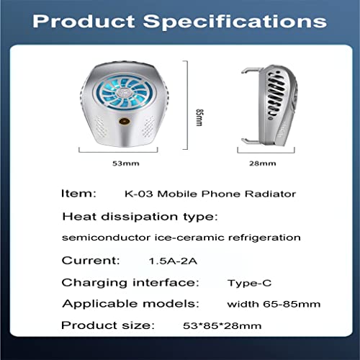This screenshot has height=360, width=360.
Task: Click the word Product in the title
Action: coord(84,22)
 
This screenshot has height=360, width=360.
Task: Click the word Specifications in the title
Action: coord(235,22)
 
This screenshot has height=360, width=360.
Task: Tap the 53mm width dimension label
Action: coord(126,163)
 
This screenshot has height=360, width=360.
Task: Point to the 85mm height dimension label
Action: coord(199,117)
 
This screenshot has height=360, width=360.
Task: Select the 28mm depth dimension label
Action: coord(263,163)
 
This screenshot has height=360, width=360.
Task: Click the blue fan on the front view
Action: coord(125,92)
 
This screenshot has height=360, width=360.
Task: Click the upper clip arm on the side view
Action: coord(251,70)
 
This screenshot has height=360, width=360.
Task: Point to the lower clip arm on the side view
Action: coord(251,141)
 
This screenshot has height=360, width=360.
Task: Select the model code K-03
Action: coord(138,194)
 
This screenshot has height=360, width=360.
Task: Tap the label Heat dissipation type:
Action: coord(140,217)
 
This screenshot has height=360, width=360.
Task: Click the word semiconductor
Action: coord(107,238)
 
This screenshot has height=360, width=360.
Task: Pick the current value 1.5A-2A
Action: coord(173,261)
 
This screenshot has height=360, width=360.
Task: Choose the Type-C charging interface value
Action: coord(249,283)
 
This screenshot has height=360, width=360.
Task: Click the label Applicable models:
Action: coord(131,304)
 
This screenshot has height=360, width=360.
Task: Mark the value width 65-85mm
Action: coord(274,304)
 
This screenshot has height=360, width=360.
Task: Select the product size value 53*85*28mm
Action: coord(222,325)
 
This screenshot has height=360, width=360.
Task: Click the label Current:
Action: coord(91,261)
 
